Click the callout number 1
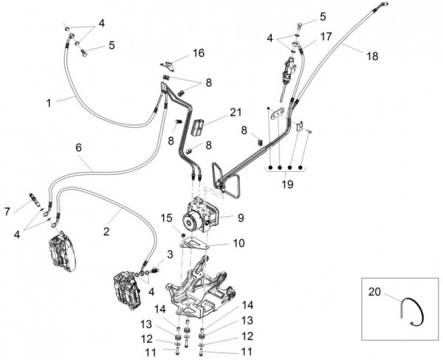49,103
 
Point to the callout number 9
240,217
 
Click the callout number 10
239,243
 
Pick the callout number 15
168,218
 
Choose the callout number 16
199,53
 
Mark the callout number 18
371,55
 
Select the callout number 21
235,112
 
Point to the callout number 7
7,211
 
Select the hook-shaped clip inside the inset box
410,311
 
